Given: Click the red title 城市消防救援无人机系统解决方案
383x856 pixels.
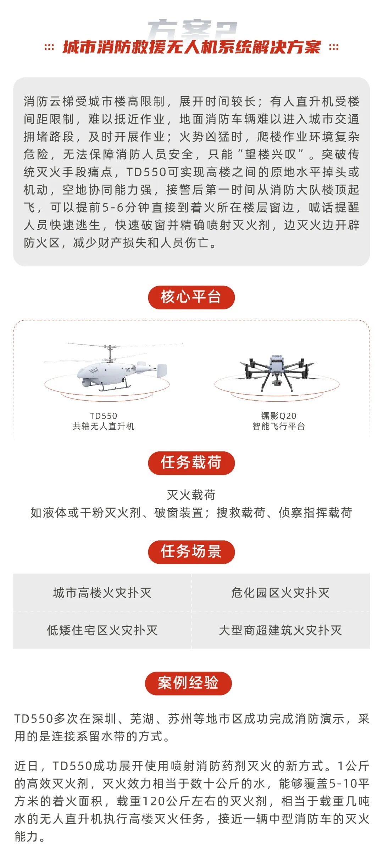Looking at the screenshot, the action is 191,47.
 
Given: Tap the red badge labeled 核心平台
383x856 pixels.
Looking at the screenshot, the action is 191,297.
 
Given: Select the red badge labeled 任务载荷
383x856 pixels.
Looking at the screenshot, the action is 191,463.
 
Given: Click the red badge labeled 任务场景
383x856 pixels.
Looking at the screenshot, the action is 191,552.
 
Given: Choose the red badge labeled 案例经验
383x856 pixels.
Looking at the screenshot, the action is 188,683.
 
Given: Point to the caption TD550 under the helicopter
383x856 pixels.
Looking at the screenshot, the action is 104,416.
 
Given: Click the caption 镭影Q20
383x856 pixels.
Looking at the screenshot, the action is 279,416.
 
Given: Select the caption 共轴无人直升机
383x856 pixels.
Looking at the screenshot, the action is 104,426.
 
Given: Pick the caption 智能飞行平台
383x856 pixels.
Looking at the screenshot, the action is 279,426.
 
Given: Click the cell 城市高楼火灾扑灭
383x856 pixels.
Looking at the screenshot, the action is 102,592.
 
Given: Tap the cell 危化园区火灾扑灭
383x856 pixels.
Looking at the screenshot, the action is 280,592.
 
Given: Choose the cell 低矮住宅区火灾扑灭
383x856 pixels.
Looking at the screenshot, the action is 102,630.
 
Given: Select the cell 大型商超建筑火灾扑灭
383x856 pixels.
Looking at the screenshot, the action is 280,630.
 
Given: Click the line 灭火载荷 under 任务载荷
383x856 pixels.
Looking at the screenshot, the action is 191,495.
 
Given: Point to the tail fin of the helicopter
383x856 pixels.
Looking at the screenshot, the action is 162,370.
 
